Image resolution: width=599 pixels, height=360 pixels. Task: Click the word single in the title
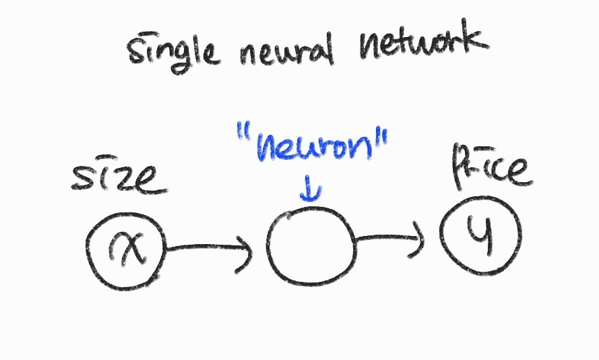pyautogui.click(x=172, y=51)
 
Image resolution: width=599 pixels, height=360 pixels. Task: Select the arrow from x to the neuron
pyautogui.click(x=209, y=251)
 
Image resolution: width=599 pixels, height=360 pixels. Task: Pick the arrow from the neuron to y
pyautogui.click(x=390, y=238)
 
